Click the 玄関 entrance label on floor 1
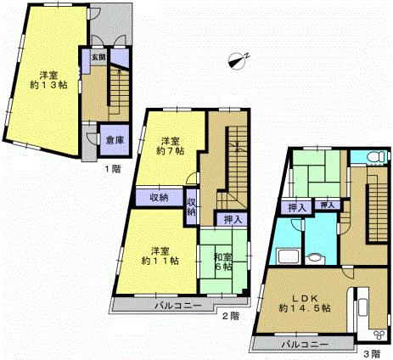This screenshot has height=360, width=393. click(99, 58)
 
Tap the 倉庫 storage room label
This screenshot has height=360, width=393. click(110, 141)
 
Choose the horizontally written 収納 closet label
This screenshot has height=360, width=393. click(159, 197)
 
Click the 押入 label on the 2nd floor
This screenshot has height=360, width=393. click(231, 220)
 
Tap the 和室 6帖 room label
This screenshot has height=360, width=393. click(222, 262)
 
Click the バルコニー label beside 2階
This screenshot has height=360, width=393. click(177, 305)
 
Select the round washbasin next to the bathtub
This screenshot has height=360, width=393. click(315, 261)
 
